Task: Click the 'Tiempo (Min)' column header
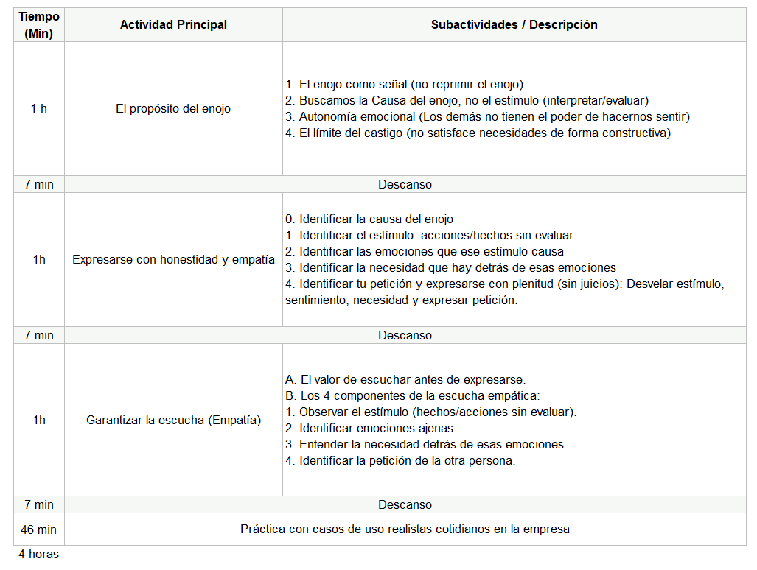[x=38, y=24]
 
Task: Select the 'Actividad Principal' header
[x=173, y=24]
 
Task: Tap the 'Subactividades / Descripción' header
[x=514, y=24]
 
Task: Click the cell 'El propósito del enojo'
[x=173, y=108]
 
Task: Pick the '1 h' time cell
[x=38, y=108]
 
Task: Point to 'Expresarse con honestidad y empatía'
[x=173, y=259]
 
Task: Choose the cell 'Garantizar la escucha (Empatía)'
[x=173, y=421]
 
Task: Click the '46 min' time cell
[x=38, y=529]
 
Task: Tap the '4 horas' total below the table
[x=38, y=554]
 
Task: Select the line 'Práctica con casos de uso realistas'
[x=405, y=529]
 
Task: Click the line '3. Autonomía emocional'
[x=486, y=116]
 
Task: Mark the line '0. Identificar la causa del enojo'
[x=369, y=219]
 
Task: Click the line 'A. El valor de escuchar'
[x=405, y=379]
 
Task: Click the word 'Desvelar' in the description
[x=667, y=284]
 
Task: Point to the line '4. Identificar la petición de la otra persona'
[x=400, y=460]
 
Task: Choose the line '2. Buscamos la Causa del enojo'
[x=466, y=100]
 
